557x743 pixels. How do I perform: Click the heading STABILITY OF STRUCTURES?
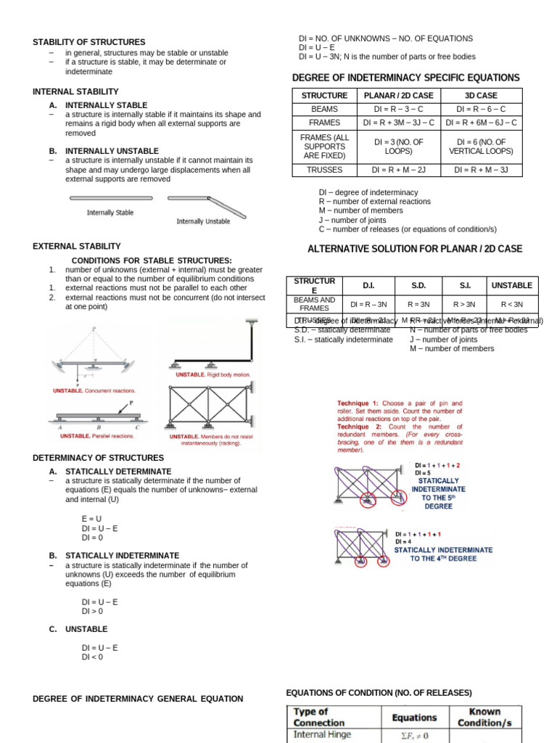(x=89, y=42)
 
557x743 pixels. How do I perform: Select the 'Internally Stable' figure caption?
(x=110, y=213)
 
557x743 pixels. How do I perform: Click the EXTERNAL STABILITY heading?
(x=77, y=247)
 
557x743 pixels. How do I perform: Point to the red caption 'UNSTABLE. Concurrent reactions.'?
(x=94, y=390)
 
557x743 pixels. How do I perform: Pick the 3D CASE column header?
(x=481, y=96)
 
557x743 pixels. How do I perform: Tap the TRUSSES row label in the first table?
(x=325, y=170)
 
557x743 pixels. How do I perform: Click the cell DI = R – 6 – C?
(x=481, y=109)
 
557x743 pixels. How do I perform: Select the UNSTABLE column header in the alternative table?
(x=512, y=285)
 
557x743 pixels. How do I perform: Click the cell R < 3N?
(x=512, y=304)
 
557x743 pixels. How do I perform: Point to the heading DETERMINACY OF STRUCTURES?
(x=98, y=459)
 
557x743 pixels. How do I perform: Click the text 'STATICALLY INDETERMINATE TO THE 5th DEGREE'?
(x=438, y=493)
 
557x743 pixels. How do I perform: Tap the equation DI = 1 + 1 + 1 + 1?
(x=417, y=534)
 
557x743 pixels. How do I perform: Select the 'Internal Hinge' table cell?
(x=322, y=734)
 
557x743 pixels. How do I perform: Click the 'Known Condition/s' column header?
(x=484, y=717)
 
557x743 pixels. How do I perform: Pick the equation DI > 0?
(x=93, y=611)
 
